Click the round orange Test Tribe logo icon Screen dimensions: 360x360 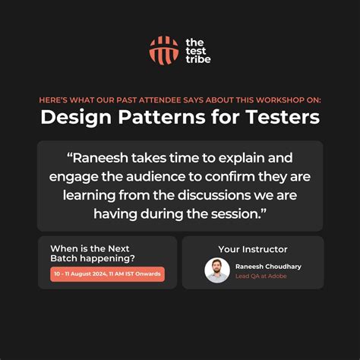click(x=163, y=50)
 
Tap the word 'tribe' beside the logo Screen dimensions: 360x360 click(x=197, y=59)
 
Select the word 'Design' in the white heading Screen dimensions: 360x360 click(x=71, y=118)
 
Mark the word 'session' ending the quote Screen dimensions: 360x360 click(x=242, y=214)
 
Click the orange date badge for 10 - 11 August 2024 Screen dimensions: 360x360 click(x=107, y=275)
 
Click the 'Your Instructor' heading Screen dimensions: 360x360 click(x=253, y=249)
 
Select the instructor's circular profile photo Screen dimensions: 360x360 click(x=217, y=271)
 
